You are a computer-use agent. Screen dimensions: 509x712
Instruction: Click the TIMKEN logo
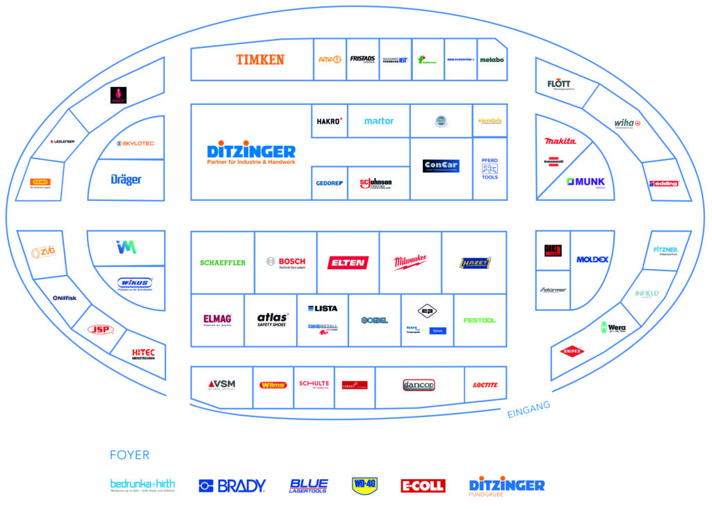pyautogui.click(x=260, y=60)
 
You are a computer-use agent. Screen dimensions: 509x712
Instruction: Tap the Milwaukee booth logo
pyautogui.click(x=410, y=262)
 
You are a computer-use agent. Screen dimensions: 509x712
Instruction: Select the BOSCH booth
pyautogui.click(x=286, y=262)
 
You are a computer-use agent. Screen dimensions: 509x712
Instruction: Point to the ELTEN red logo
pyautogui.click(x=348, y=262)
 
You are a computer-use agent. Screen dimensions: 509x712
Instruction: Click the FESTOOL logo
pyautogui.click(x=480, y=320)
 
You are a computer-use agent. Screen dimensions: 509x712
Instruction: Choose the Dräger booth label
pyautogui.click(x=126, y=179)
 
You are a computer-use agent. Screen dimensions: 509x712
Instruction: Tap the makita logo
pyautogui.click(x=560, y=141)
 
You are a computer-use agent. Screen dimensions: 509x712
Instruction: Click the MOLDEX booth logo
pyautogui.click(x=592, y=259)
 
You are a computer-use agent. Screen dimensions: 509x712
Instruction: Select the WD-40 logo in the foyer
pyautogui.click(x=364, y=485)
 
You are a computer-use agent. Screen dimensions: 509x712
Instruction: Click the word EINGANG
pyautogui.click(x=529, y=410)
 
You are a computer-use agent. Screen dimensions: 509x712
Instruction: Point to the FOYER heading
pyautogui.click(x=129, y=455)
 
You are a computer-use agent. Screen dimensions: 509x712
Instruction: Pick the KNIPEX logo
pyautogui.click(x=572, y=351)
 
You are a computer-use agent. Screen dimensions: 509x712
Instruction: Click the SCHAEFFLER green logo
pyautogui.click(x=222, y=262)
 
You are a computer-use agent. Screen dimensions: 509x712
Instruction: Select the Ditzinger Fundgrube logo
pyautogui.click(x=507, y=486)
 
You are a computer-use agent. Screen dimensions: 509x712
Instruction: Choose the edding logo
pyautogui.click(x=663, y=184)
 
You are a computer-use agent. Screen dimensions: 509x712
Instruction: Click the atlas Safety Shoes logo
pyautogui.click(x=273, y=320)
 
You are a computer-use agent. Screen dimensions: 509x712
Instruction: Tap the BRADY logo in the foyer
pyautogui.click(x=232, y=485)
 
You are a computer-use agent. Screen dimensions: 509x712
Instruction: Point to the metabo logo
pyautogui.click(x=492, y=60)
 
